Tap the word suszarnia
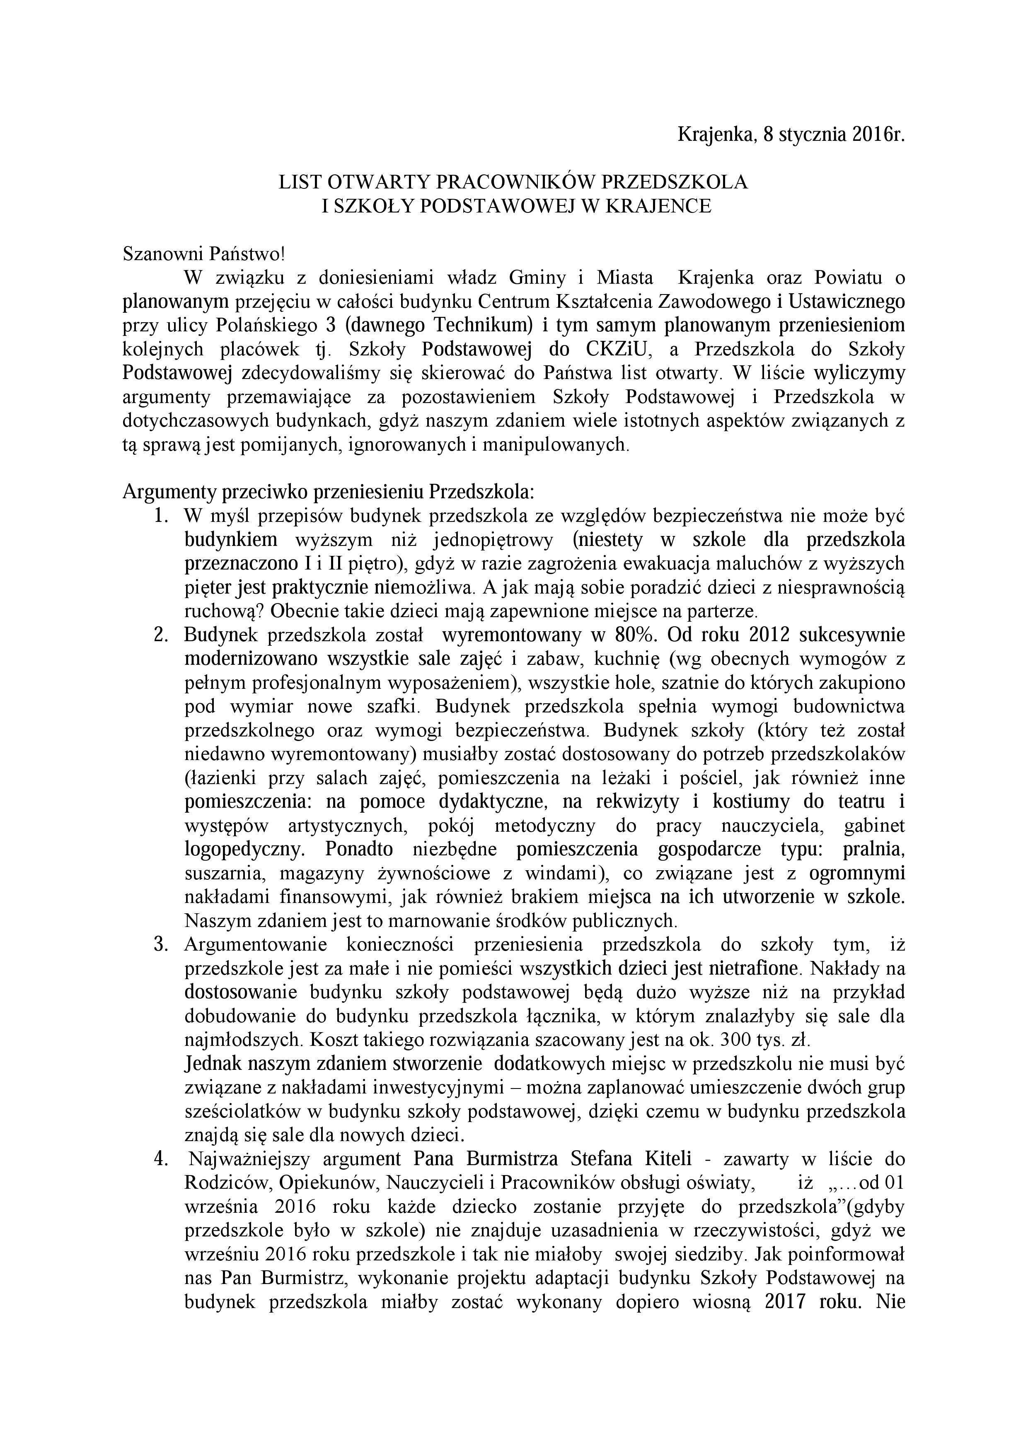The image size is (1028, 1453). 222,874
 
